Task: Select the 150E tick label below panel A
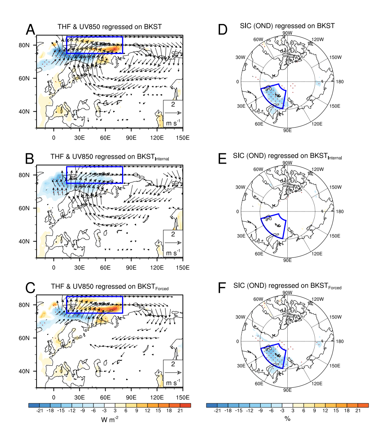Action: [183, 137]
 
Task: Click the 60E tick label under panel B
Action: [105, 267]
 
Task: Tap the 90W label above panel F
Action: [287, 292]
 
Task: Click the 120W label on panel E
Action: [317, 169]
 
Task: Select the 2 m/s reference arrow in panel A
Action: [173, 113]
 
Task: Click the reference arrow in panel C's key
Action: [173, 372]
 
